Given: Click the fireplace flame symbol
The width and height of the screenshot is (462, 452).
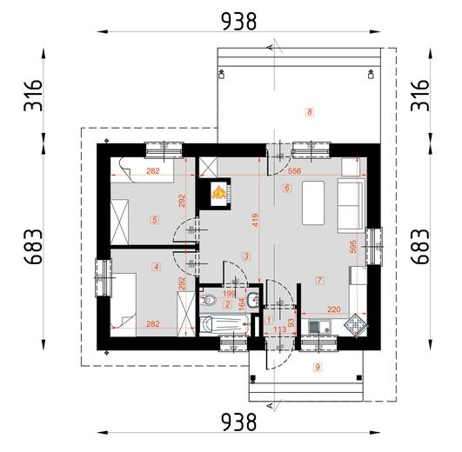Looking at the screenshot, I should point(219,191).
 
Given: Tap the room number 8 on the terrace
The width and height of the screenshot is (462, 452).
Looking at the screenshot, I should point(309,111).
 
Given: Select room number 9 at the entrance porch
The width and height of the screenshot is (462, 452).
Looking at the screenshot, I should point(318,367).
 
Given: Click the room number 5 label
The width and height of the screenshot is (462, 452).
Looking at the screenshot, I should point(154,220).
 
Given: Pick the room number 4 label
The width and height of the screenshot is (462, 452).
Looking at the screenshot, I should point(157,267).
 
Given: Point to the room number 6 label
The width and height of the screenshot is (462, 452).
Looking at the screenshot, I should point(285,187).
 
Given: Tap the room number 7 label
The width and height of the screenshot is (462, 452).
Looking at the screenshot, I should point(319,280).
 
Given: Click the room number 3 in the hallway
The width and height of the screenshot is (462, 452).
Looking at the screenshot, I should point(247,256).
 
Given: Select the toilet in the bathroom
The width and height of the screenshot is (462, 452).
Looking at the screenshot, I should point(209,301).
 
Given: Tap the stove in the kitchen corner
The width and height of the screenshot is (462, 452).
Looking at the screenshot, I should point(356,326).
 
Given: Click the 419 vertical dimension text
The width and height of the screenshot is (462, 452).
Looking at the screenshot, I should point(255,222).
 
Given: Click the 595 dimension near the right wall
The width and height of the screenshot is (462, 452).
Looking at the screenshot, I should point(353,247).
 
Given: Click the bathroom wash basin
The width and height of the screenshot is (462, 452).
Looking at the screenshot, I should point(250,301).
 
